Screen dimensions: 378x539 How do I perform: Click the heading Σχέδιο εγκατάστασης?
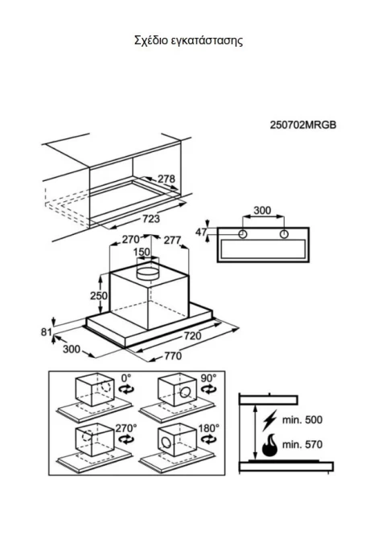188,40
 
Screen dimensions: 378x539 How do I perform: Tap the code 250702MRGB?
302,125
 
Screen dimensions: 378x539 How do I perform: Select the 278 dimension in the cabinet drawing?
166,179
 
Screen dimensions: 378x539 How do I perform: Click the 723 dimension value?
150,219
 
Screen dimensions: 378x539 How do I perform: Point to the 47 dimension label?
201,232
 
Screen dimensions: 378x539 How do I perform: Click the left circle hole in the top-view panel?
243,234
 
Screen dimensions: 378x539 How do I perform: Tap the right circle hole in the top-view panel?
284,234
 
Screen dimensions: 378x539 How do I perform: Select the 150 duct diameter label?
142,252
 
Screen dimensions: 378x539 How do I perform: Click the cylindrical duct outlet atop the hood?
148,272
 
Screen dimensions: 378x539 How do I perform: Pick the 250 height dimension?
99,295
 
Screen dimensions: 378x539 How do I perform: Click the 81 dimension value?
47,332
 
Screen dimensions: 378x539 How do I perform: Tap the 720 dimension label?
192,335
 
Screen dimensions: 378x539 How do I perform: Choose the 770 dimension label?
172,356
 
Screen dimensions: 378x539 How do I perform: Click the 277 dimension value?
172,240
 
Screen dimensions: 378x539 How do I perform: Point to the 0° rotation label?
126,378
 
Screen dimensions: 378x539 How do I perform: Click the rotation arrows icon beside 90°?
208,389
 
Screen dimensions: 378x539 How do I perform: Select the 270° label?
125,428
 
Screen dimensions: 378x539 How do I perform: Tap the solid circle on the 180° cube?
166,442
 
